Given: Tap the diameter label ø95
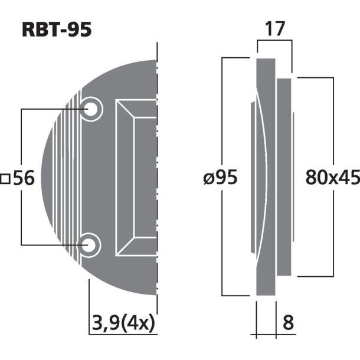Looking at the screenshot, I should pos(220,177).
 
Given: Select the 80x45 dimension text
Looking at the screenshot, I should pos(332,177).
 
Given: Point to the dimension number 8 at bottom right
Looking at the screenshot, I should pos(289,324).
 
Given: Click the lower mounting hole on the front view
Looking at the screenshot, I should pos(91,245).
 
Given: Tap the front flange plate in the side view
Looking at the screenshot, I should pos(267,177).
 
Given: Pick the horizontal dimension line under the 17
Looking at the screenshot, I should pos(275,40).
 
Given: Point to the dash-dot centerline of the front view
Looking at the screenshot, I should pos(158,177).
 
